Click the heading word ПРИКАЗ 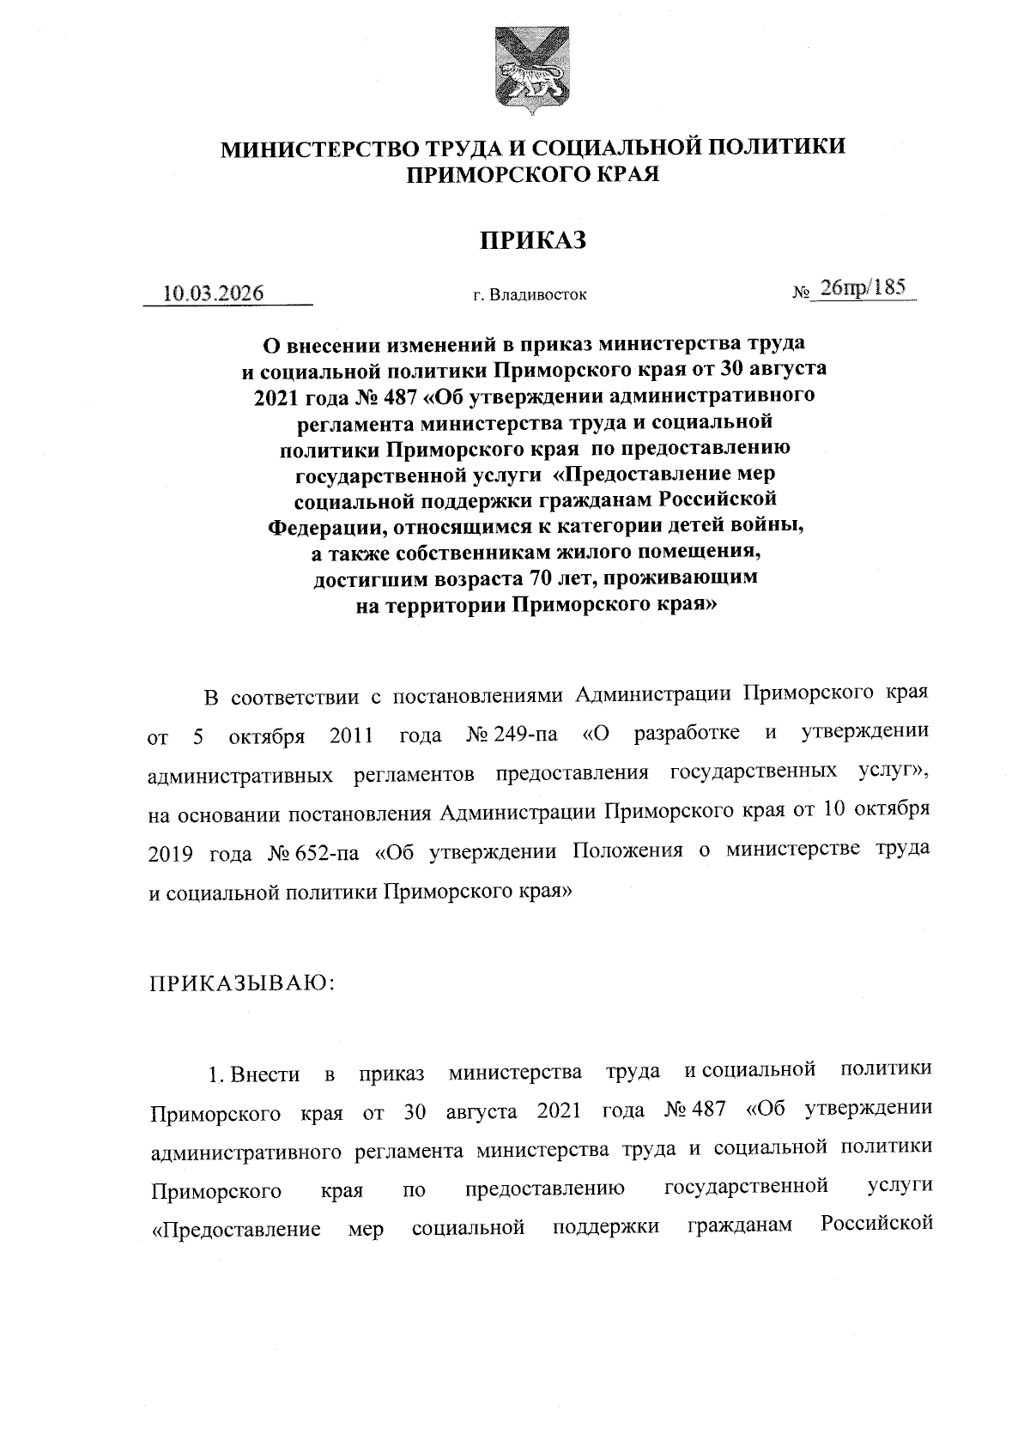[532, 241]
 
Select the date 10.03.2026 [213, 293]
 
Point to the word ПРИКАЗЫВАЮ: [241, 983]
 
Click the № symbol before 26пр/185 [801, 293]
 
